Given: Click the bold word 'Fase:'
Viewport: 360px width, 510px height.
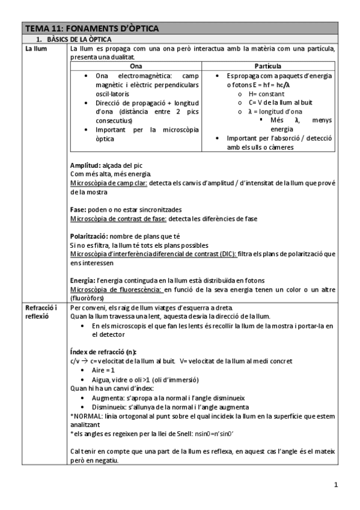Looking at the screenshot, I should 79,208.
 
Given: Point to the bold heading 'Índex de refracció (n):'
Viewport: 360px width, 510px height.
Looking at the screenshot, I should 103,352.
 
